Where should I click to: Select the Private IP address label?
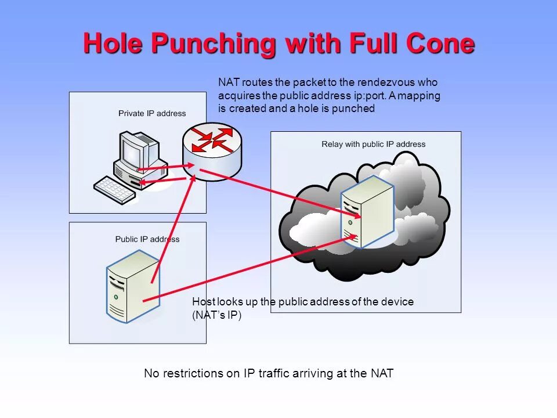click(152, 113)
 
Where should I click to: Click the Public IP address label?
click(147, 239)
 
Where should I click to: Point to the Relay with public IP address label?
click(373, 144)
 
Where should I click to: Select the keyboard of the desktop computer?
click(115, 189)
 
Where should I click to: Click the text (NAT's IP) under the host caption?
click(216, 315)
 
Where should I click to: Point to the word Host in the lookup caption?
click(203, 302)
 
